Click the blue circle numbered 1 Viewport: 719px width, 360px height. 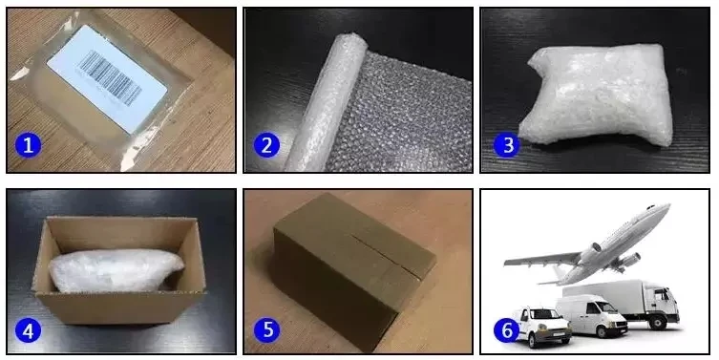(x=28, y=145)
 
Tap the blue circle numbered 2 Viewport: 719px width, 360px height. (x=266, y=145)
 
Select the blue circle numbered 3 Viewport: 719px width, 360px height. (x=507, y=145)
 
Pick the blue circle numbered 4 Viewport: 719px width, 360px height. (x=28, y=330)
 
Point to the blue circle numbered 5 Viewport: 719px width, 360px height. (x=266, y=329)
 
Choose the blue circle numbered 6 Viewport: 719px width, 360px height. (x=507, y=329)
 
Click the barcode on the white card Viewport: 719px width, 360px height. (x=110, y=78)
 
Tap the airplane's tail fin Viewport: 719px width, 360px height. (x=558, y=275)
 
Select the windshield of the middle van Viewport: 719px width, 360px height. (x=605, y=307)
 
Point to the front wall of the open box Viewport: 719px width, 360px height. (x=120, y=307)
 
